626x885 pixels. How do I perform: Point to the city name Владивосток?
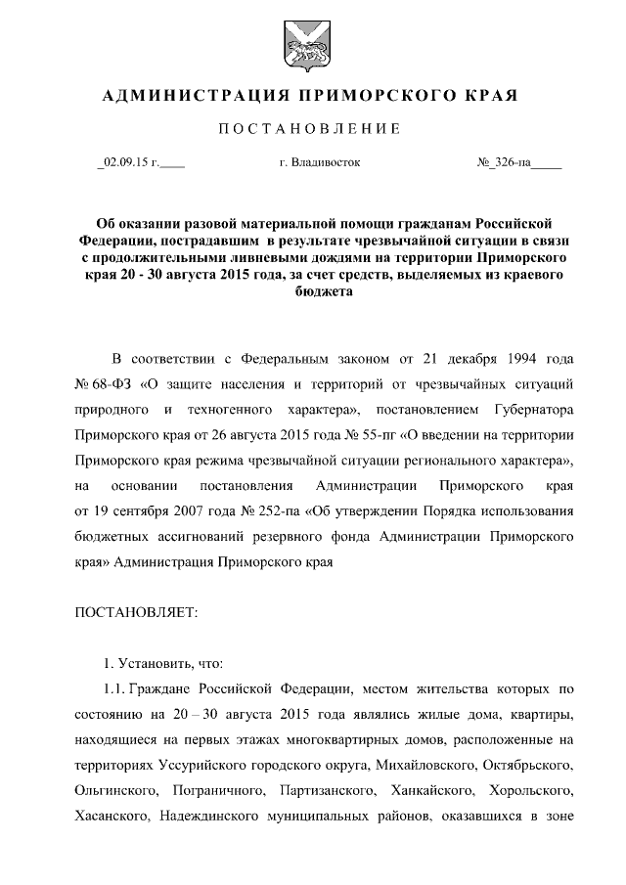[325, 162]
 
